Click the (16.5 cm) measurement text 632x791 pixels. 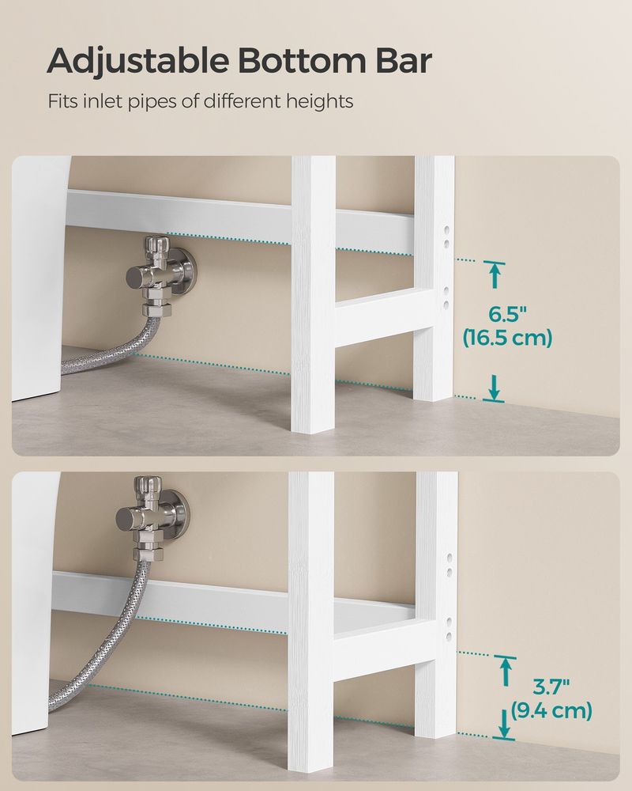507,339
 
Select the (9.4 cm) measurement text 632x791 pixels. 551,711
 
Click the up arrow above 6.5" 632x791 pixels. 495,274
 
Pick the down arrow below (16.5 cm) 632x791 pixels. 495,388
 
